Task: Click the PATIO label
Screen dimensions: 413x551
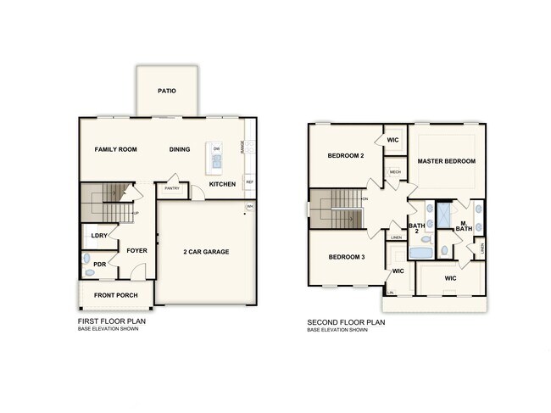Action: (x=167, y=90)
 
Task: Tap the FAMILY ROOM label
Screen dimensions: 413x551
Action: (x=115, y=149)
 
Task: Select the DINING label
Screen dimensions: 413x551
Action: (x=180, y=149)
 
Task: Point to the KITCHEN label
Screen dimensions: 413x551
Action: (x=223, y=184)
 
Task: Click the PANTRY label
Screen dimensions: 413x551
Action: (x=171, y=188)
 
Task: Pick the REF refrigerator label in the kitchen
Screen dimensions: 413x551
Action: (x=249, y=182)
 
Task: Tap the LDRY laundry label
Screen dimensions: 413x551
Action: (x=98, y=237)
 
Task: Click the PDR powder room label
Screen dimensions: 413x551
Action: (x=100, y=264)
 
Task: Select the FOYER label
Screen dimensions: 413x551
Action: (x=137, y=250)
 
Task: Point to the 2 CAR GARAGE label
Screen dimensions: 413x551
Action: (x=207, y=251)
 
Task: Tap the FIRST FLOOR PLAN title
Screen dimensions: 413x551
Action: (x=110, y=322)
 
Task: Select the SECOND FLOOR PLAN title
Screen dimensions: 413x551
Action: (x=347, y=322)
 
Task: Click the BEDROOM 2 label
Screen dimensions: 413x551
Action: (x=346, y=156)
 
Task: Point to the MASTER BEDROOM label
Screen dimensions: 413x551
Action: (x=447, y=160)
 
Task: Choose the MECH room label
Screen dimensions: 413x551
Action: (x=395, y=172)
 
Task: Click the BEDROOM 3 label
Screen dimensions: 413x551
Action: (x=346, y=257)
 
